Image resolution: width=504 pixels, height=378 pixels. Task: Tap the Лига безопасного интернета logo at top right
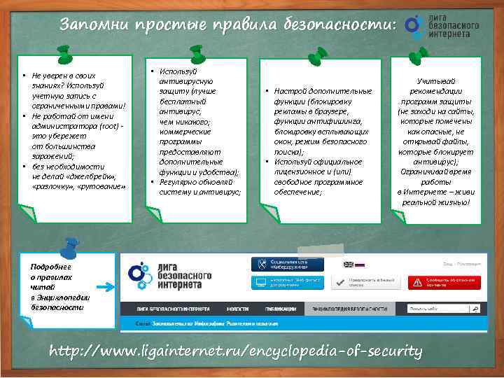click(444, 25)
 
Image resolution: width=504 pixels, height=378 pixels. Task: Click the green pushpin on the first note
click(65, 52)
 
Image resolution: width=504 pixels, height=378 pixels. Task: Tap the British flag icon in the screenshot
click(348, 265)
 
